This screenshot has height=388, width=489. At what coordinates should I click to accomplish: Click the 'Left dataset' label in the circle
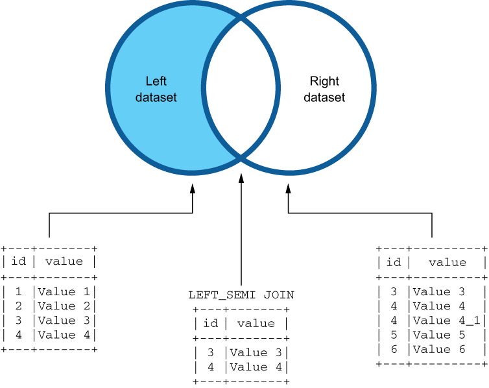(x=156, y=90)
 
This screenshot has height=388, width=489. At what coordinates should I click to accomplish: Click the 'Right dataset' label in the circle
(x=324, y=90)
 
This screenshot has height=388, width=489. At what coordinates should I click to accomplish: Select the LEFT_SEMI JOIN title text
(x=241, y=295)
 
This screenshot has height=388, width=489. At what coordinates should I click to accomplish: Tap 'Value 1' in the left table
(x=66, y=291)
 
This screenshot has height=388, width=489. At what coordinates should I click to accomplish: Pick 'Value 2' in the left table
(x=66, y=306)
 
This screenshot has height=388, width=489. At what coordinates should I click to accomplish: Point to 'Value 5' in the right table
(x=439, y=335)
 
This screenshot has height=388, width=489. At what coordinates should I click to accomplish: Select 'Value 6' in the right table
(x=439, y=349)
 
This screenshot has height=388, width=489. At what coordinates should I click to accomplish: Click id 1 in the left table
(x=19, y=291)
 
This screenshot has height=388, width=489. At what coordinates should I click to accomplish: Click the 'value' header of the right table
(x=447, y=262)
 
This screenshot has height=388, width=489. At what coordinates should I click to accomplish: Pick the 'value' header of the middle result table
(x=257, y=323)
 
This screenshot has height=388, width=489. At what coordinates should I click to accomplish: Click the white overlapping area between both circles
(x=241, y=90)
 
